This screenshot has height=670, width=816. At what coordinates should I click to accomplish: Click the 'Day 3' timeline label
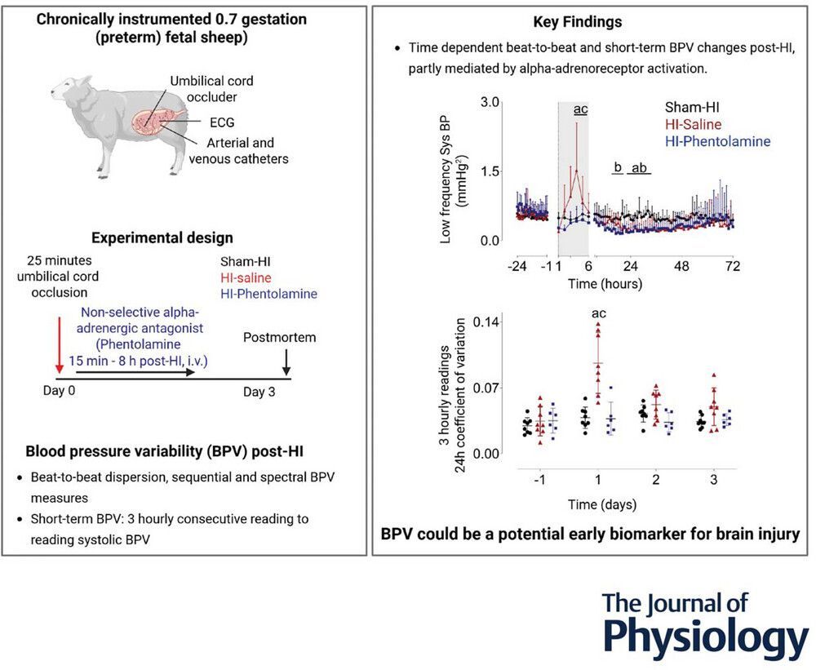click(x=259, y=392)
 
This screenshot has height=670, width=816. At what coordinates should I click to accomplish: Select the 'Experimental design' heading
click(x=162, y=238)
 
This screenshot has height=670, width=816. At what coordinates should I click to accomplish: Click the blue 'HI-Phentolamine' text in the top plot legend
click(x=717, y=141)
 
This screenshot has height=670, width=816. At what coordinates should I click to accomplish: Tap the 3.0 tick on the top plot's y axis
click(x=489, y=104)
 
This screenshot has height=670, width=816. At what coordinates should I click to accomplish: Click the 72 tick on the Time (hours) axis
click(x=732, y=265)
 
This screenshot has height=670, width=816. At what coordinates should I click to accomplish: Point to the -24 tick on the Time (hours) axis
click(x=515, y=265)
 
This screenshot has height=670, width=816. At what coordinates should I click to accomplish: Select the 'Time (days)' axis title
click(x=604, y=504)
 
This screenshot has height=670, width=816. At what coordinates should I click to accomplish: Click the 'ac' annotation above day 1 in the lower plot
click(x=597, y=313)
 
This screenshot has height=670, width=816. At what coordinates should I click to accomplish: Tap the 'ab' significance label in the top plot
click(x=641, y=168)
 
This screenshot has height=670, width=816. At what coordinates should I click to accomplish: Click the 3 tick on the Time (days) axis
click(x=713, y=481)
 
